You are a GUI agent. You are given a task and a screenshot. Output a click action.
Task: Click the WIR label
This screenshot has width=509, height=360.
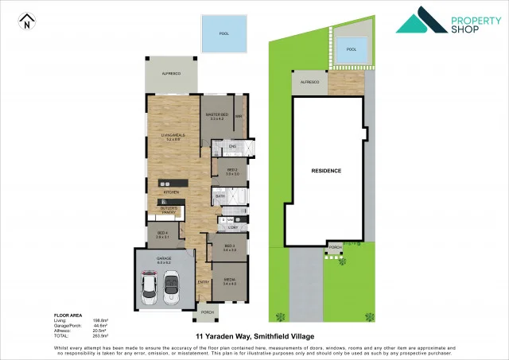tap(238, 117)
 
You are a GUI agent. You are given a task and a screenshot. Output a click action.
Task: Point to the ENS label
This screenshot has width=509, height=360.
tap(233, 147)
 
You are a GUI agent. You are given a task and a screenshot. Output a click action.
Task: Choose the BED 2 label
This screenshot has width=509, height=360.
tap(232, 172)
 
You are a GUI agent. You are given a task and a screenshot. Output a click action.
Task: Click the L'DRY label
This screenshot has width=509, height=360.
tap(233, 227)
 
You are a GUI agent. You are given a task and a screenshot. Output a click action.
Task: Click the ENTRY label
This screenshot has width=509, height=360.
tap(204, 281)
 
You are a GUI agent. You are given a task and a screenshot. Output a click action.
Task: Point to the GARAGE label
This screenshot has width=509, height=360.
tap(164, 260)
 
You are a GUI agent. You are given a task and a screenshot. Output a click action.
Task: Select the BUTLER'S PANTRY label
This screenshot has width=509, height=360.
tap(169, 211)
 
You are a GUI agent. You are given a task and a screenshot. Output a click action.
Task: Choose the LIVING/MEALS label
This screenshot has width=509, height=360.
tap(173, 137)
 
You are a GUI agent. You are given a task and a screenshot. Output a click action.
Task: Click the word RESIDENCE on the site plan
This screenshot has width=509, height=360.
tap(325, 171)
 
